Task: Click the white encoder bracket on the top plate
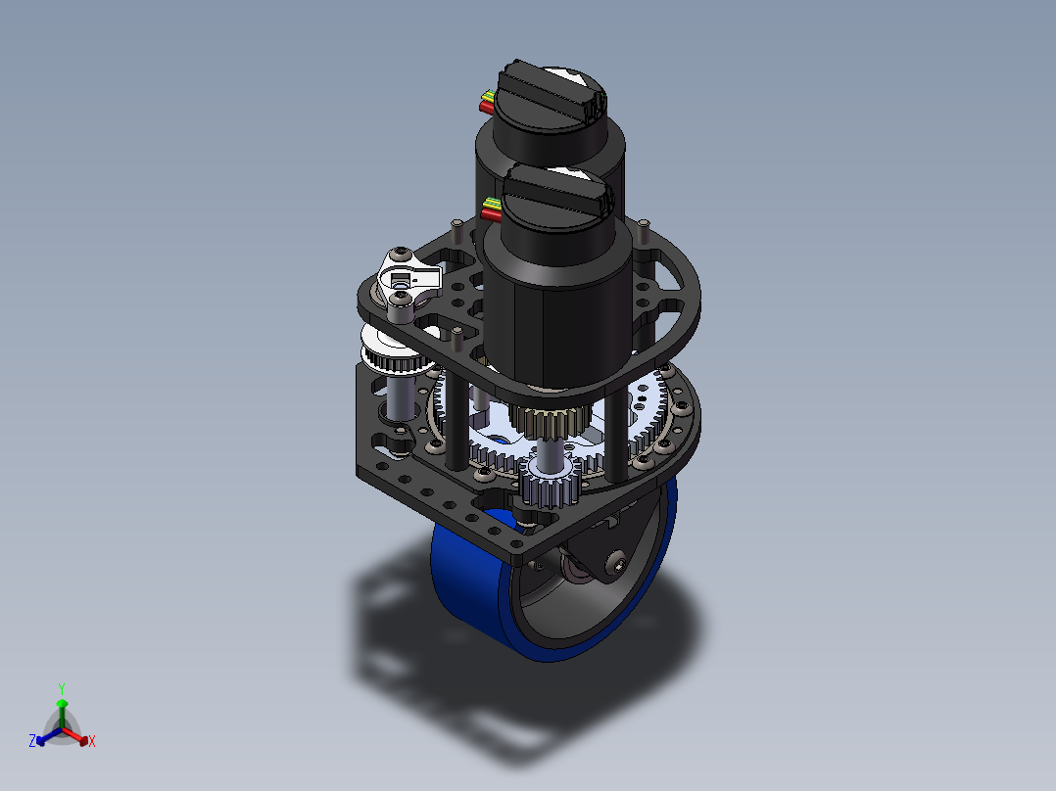point(408,277)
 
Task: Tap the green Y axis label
point(62,689)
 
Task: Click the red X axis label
point(92,741)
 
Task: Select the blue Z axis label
point(32,741)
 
